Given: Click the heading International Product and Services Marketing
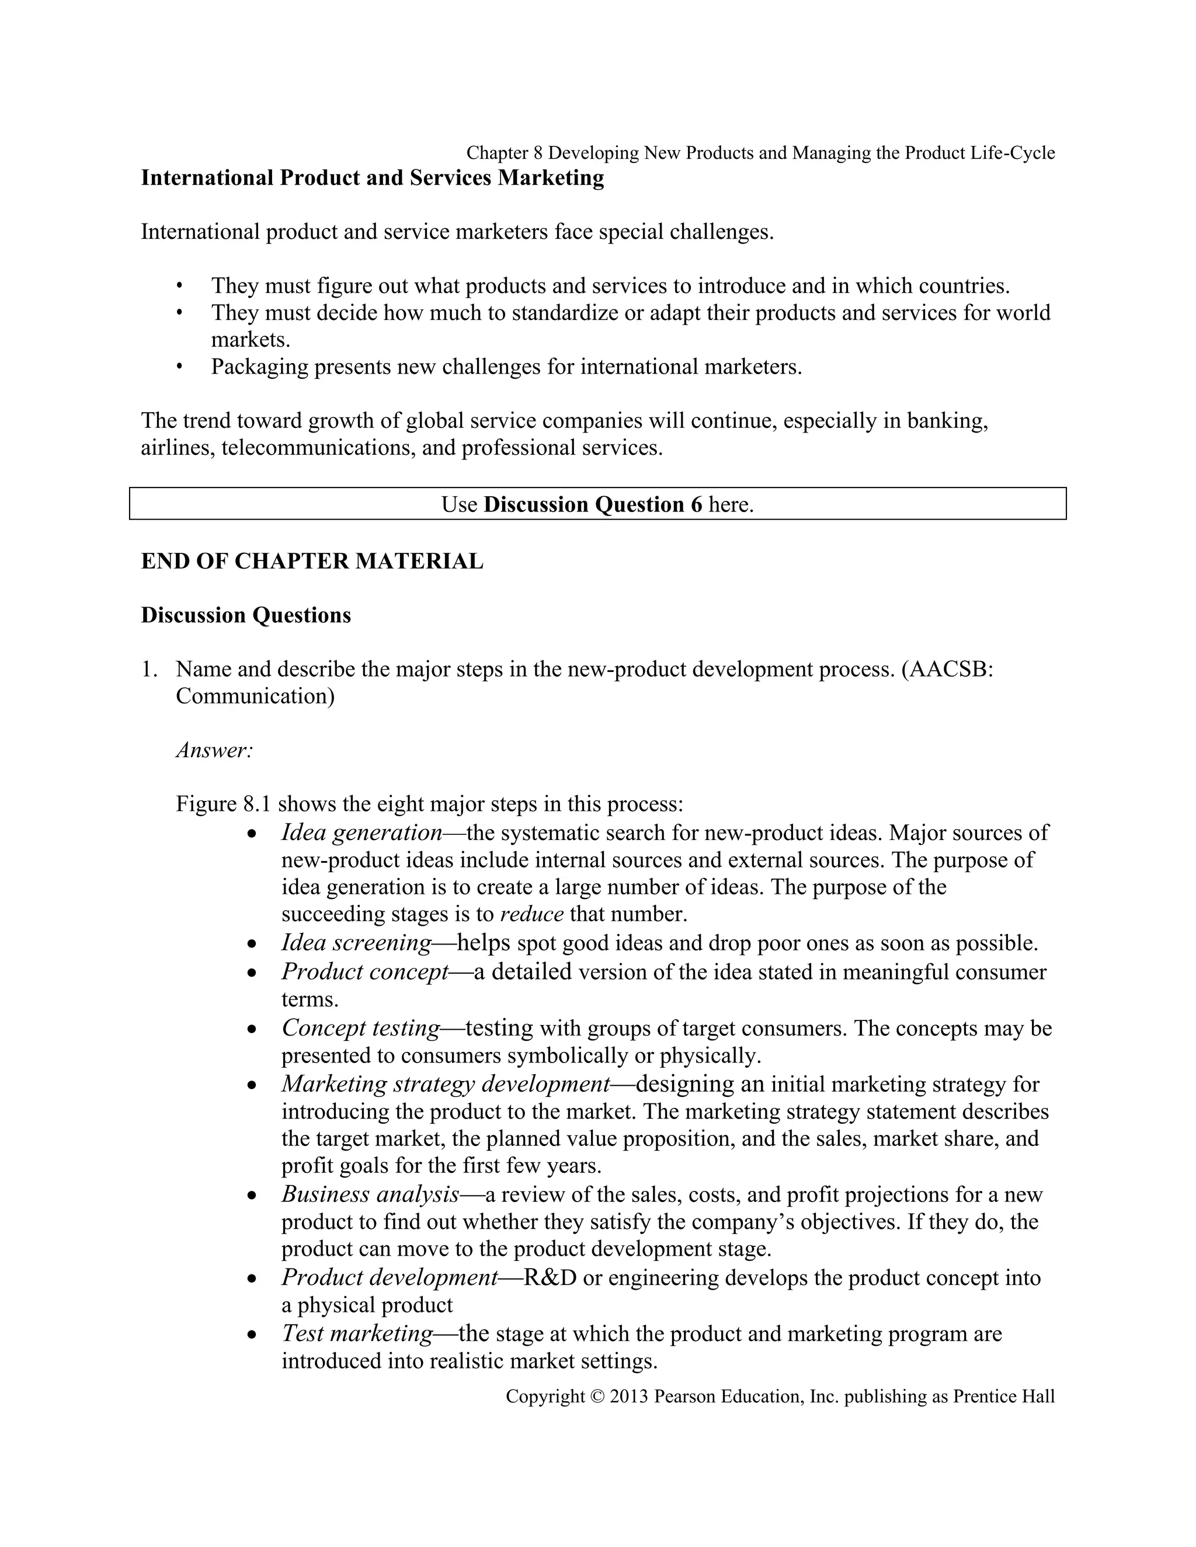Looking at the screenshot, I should [372, 178].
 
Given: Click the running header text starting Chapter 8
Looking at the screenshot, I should [760, 153].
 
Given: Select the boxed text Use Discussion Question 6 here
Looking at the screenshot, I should [597, 504].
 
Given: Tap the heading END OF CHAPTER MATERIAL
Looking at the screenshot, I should [312, 561].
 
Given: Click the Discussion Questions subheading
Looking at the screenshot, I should [246, 615].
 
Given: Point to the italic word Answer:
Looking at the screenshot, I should [214, 750].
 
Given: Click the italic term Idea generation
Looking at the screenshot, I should [362, 832].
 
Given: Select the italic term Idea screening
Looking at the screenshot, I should [356, 943].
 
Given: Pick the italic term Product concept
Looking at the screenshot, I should [365, 972].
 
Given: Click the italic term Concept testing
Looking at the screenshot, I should [361, 1028].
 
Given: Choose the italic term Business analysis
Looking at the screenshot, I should [370, 1194].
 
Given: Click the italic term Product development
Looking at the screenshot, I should [390, 1277].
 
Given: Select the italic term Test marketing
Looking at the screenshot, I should [357, 1333].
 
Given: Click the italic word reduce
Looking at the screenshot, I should [531, 914].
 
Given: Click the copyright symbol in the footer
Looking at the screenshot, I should [597, 1397].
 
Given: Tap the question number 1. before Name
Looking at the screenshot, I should [149, 670].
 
